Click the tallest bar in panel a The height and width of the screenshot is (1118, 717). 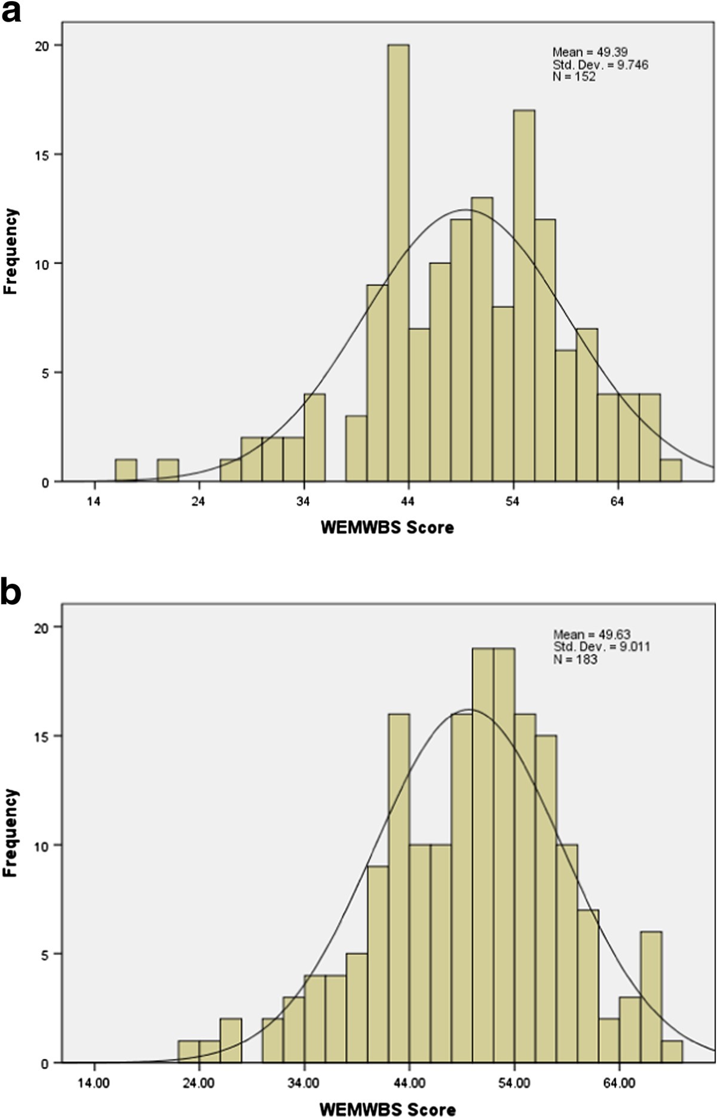click(x=399, y=263)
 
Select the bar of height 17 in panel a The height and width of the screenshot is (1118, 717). click(x=524, y=296)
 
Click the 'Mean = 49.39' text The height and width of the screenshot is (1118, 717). click(x=590, y=52)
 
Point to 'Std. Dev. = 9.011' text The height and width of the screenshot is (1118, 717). click(x=601, y=647)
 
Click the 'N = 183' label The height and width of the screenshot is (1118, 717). click(x=575, y=659)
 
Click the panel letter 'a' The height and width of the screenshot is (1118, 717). click(x=11, y=12)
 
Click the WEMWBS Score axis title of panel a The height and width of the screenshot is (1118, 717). click(x=387, y=528)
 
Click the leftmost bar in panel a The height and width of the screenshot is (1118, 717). click(x=126, y=470)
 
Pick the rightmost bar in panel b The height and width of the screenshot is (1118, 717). click(x=672, y=1052)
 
